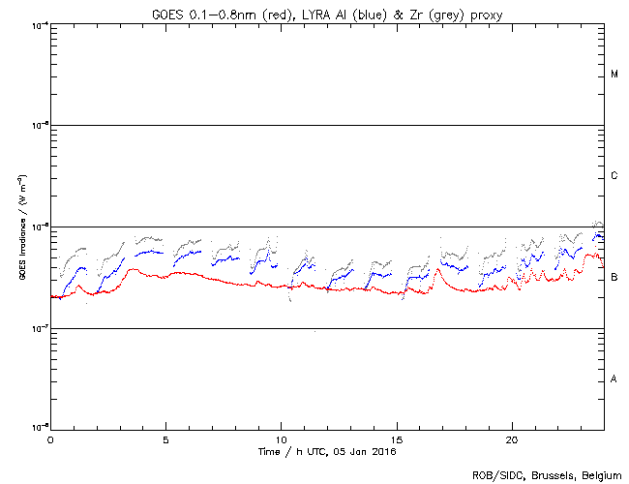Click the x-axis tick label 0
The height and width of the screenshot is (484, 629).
point(50,439)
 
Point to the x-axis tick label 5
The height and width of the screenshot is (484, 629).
point(165,439)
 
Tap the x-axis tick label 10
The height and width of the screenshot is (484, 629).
point(281,439)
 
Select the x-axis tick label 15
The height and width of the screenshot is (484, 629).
point(397,439)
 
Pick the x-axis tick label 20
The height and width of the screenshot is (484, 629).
point(512,439)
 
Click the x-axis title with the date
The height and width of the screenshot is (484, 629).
point(327,451)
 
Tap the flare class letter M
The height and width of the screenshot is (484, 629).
point(614,75)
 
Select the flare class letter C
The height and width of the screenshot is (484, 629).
point(614,176)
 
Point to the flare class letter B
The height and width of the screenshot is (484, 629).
point(614,278)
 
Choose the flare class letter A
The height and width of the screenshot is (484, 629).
point(614,379)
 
